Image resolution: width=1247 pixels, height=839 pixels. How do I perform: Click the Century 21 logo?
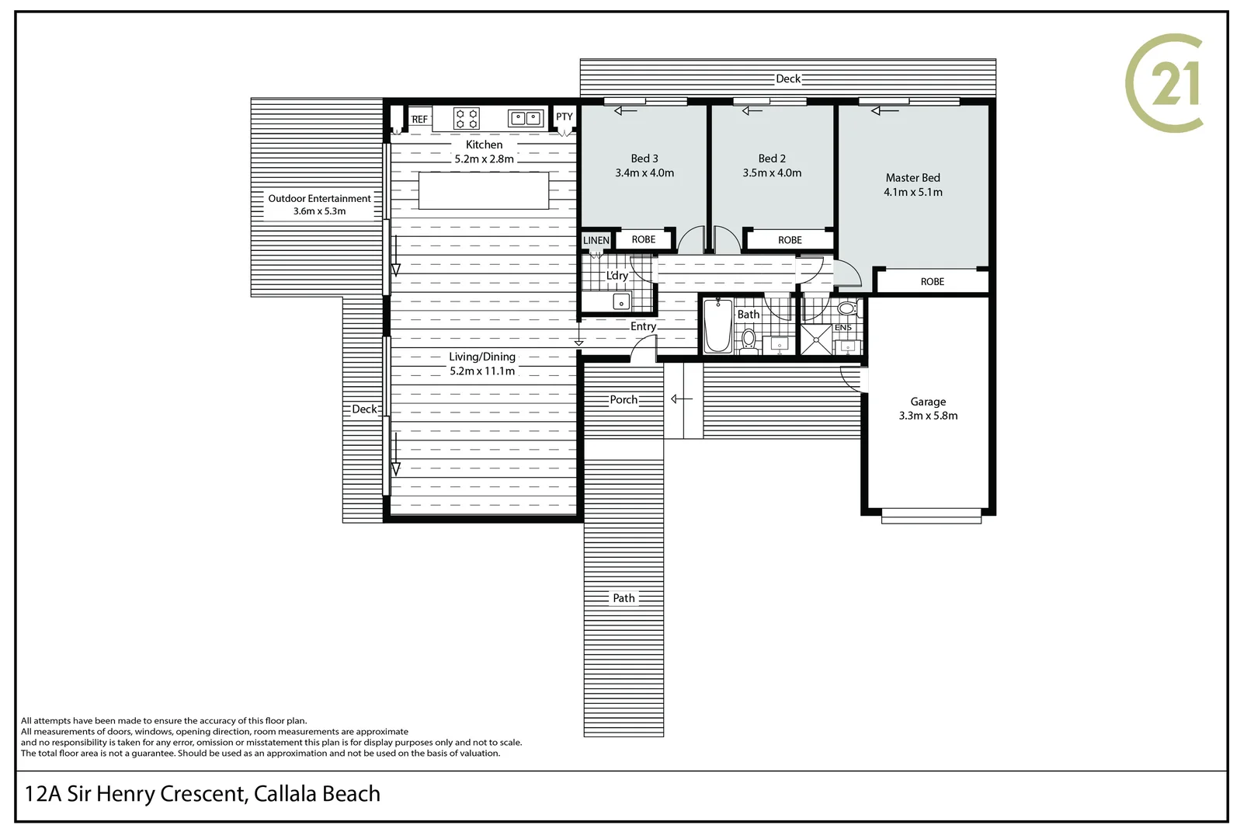click(x=1163, y=84)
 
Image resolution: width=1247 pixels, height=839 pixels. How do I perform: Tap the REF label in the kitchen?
click(x=419, y=119)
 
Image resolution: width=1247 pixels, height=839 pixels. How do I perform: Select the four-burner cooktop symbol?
click(x=467, y=119)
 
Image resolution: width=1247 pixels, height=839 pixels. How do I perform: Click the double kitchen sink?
click(x=526, y=118)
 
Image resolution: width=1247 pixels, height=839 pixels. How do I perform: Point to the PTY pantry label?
click(x=564, y=117)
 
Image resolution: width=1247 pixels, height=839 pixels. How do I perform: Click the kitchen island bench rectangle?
click(x=483, y=190)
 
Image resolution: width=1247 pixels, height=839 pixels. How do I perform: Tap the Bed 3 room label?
click(x=644, y=158)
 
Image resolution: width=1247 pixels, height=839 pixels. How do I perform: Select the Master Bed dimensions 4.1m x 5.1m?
click(x=913, y=192)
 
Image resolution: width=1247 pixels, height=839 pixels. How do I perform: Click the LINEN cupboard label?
click(x=596, y=240)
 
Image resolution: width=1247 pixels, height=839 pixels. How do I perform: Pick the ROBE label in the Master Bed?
click(x=933, y=282)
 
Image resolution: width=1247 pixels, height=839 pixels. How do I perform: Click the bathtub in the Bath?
click(x=717, y=326)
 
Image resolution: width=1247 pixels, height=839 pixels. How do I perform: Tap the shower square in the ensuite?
click(x=816, y=339)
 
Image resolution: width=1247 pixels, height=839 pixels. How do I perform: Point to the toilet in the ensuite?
click(x=847, y=308)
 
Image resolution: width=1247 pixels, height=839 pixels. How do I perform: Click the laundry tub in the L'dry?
click(x=620, y=302)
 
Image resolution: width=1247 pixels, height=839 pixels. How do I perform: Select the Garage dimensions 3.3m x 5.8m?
click(x=928, y=416)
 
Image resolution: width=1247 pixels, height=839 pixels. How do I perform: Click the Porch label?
click(x=623, y=399)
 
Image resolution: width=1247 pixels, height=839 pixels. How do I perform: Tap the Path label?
click(x=623, y=597)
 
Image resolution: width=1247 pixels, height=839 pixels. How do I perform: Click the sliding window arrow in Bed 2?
click(x=752, y=111)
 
